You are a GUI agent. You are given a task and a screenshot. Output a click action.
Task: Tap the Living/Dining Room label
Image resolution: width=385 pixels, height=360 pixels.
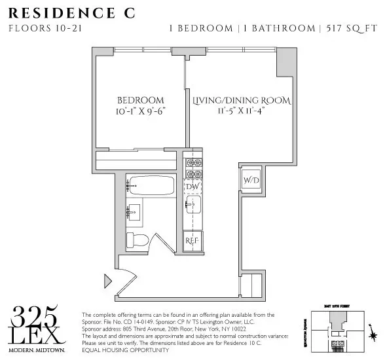coord(241,101)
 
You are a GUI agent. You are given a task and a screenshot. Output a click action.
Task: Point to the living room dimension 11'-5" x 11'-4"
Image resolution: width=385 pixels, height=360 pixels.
coord(241,112)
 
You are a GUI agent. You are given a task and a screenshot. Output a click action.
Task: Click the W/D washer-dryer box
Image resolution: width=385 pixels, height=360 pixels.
coord(250,180)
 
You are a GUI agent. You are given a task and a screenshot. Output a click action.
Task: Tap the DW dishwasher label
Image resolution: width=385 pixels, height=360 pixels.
coord(192,187)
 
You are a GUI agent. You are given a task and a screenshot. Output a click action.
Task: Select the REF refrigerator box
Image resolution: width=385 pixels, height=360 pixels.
coord(192,240)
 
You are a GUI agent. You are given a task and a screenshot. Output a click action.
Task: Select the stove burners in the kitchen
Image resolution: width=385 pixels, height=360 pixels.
coord(192,168)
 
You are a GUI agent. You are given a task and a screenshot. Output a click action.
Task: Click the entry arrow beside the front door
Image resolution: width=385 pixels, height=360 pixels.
coord(108,281)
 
